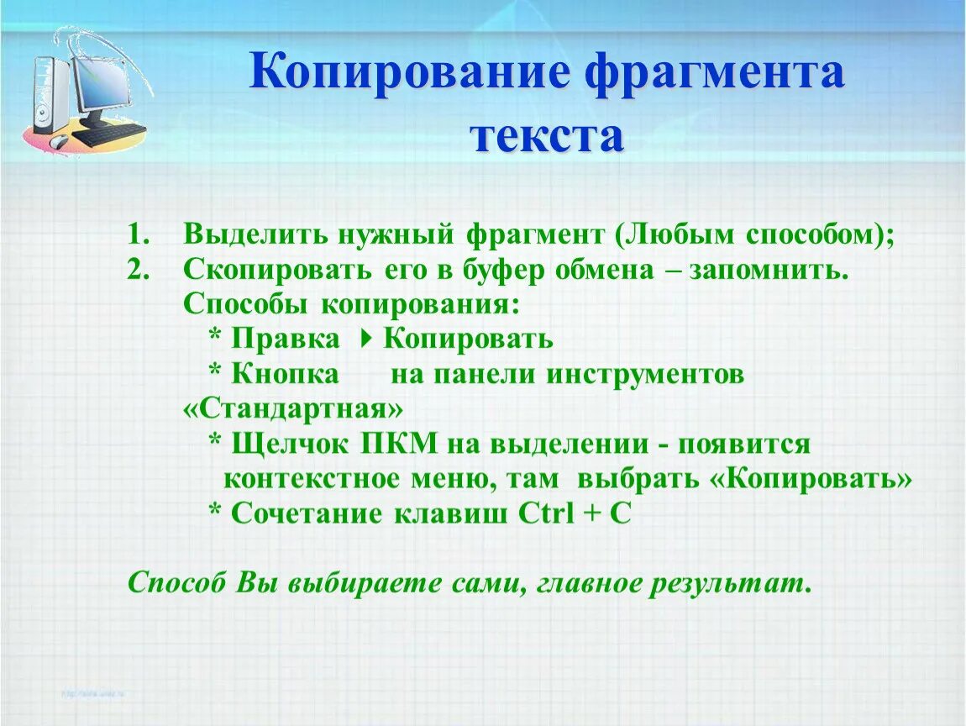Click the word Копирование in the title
point(409,72)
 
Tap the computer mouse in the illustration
point(59,141)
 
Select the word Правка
point(285,339)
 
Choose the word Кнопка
point(285,374)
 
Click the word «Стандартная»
point(293,409)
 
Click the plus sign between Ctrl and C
point(591,514)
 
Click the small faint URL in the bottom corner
point(93,694)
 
